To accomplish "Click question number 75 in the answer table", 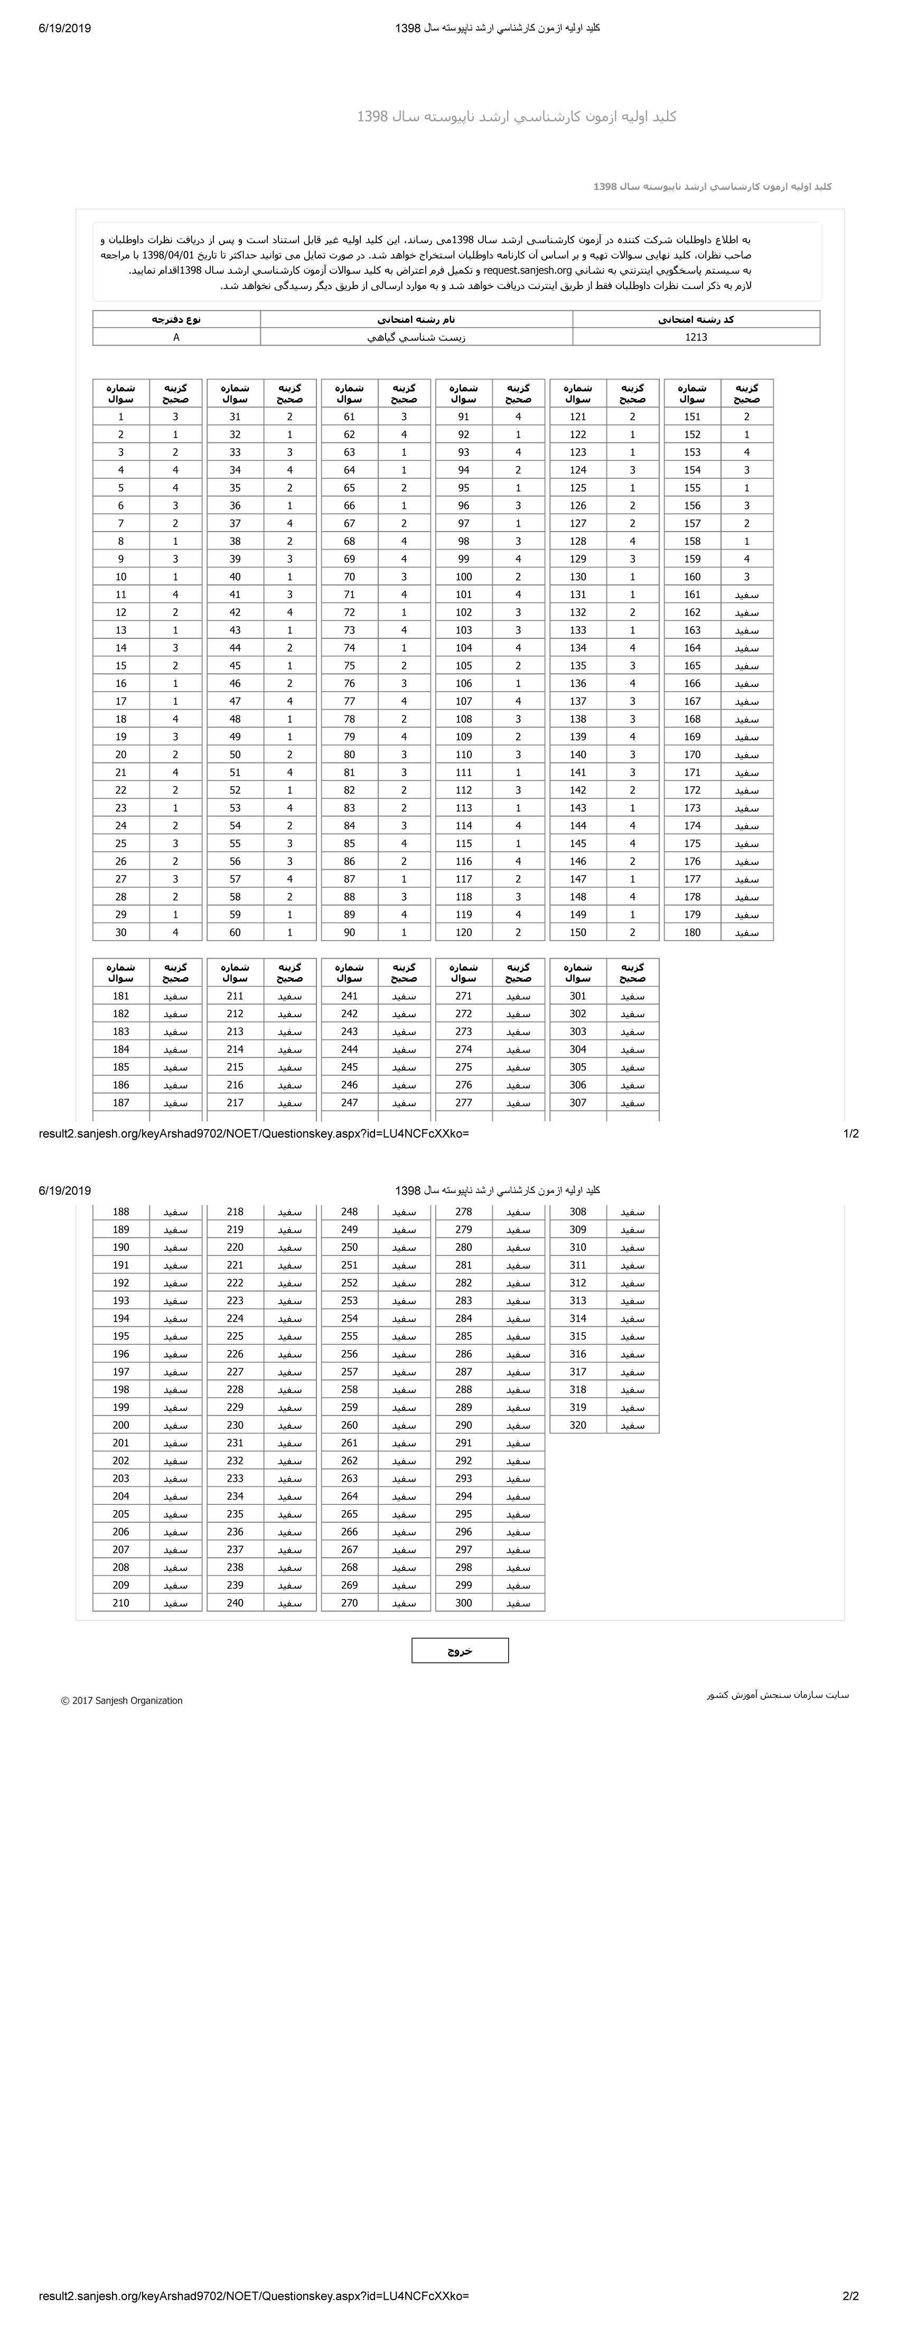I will (x=349, y=665).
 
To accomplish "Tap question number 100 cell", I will (x=464, y=576).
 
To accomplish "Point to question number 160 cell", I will (x=692, y=576).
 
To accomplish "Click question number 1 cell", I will (x=121, y=417).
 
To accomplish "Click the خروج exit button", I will (x=460, y=1651).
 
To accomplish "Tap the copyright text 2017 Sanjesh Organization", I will (x=122, y=1700).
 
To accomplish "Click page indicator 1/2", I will (x=850, y=1133).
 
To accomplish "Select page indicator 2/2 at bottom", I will (x=850, y=2296).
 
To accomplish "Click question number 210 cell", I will (x=121, y=1603).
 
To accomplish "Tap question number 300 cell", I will (x=464, y=1603).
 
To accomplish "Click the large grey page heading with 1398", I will (x=516, y=116).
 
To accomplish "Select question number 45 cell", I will (x=236, y=665).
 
